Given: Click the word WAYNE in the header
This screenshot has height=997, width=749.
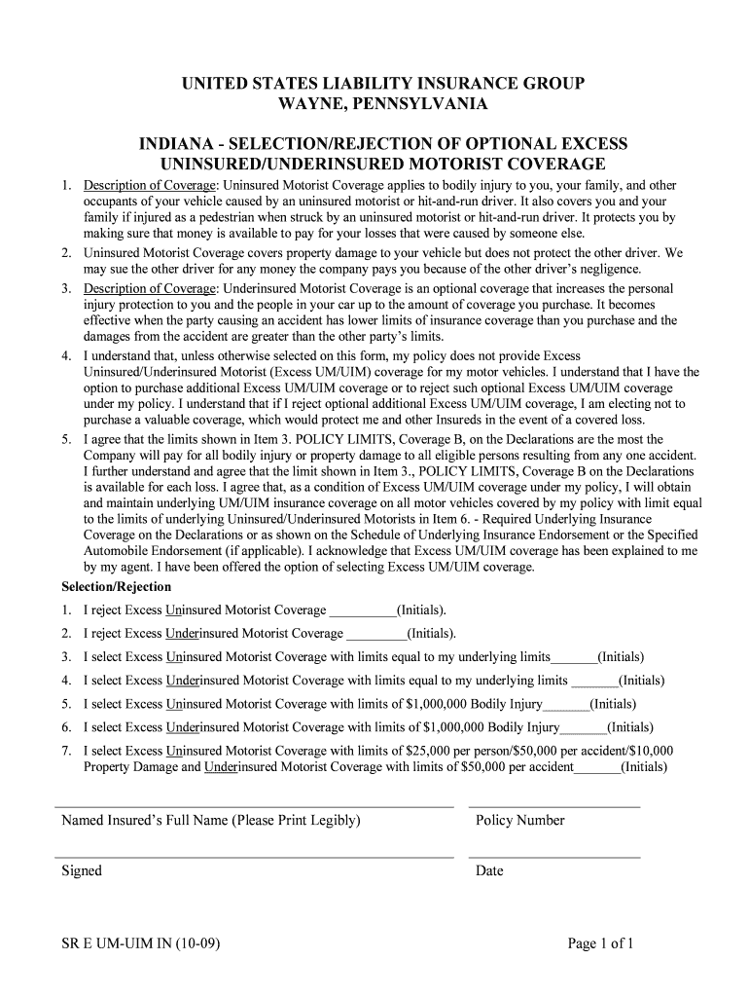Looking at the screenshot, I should click(x=312, y=104).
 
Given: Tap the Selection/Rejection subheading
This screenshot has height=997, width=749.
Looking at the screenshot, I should click(x=116, y=587).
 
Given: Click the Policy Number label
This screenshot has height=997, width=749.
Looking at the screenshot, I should click(x=519, y=821).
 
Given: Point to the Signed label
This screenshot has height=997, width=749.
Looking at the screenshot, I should click(x=82, y=871).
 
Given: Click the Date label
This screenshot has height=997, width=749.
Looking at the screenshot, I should click(x=489, y=871).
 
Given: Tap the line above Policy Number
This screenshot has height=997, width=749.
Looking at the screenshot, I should click(x=554, y=807).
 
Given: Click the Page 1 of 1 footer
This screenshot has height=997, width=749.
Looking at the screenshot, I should click(x=601, y=943).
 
